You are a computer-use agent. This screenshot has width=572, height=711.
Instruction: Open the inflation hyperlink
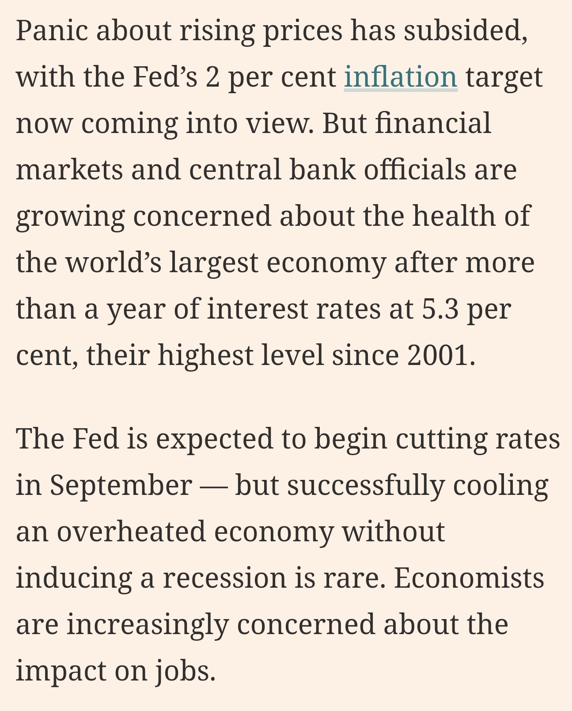point(400,77)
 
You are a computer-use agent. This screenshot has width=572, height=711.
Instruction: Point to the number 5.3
point(440,309)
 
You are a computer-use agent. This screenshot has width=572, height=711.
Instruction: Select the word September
point(121,485)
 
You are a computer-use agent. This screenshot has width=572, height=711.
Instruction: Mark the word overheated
point(131,532)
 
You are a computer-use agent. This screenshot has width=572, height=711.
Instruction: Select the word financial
point(433,123)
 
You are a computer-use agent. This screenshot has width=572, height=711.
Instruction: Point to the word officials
point(414,170)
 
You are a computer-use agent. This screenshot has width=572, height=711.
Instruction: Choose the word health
point(454,216)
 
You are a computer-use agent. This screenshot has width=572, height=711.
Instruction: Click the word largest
point(214,262)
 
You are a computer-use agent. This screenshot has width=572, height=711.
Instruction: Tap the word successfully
point(366,485)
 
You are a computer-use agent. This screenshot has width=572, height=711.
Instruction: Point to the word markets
point(69,170)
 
